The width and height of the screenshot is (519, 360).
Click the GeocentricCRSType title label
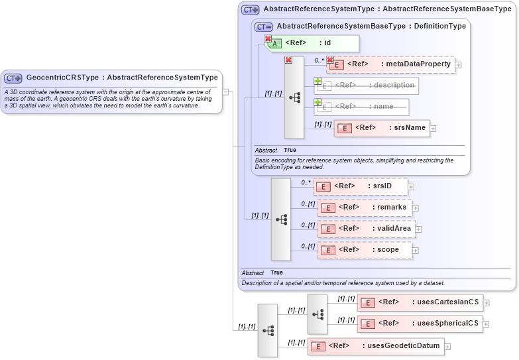[122, 78]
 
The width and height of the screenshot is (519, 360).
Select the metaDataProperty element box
[390, 64]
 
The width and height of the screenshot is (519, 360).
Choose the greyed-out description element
[366, 86]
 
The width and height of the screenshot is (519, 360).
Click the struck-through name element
[361, 107]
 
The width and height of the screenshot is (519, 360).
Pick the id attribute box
[312, 44]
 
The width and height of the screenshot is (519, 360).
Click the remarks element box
[365, 208]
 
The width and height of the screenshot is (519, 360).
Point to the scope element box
[365, 250]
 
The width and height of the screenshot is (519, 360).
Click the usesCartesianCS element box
[420, 302]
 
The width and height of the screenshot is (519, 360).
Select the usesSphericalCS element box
[420, 324]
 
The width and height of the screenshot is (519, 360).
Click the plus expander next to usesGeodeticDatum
[447, 346]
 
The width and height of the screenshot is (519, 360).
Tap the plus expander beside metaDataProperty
[458, 65]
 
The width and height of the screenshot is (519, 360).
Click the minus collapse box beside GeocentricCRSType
[225, 91]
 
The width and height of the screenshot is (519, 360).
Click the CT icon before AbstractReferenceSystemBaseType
[264, 27]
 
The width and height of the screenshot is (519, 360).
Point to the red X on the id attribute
[268, 39]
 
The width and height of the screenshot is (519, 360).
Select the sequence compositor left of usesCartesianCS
[317, 314]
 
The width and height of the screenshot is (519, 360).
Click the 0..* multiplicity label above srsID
[306, 182]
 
